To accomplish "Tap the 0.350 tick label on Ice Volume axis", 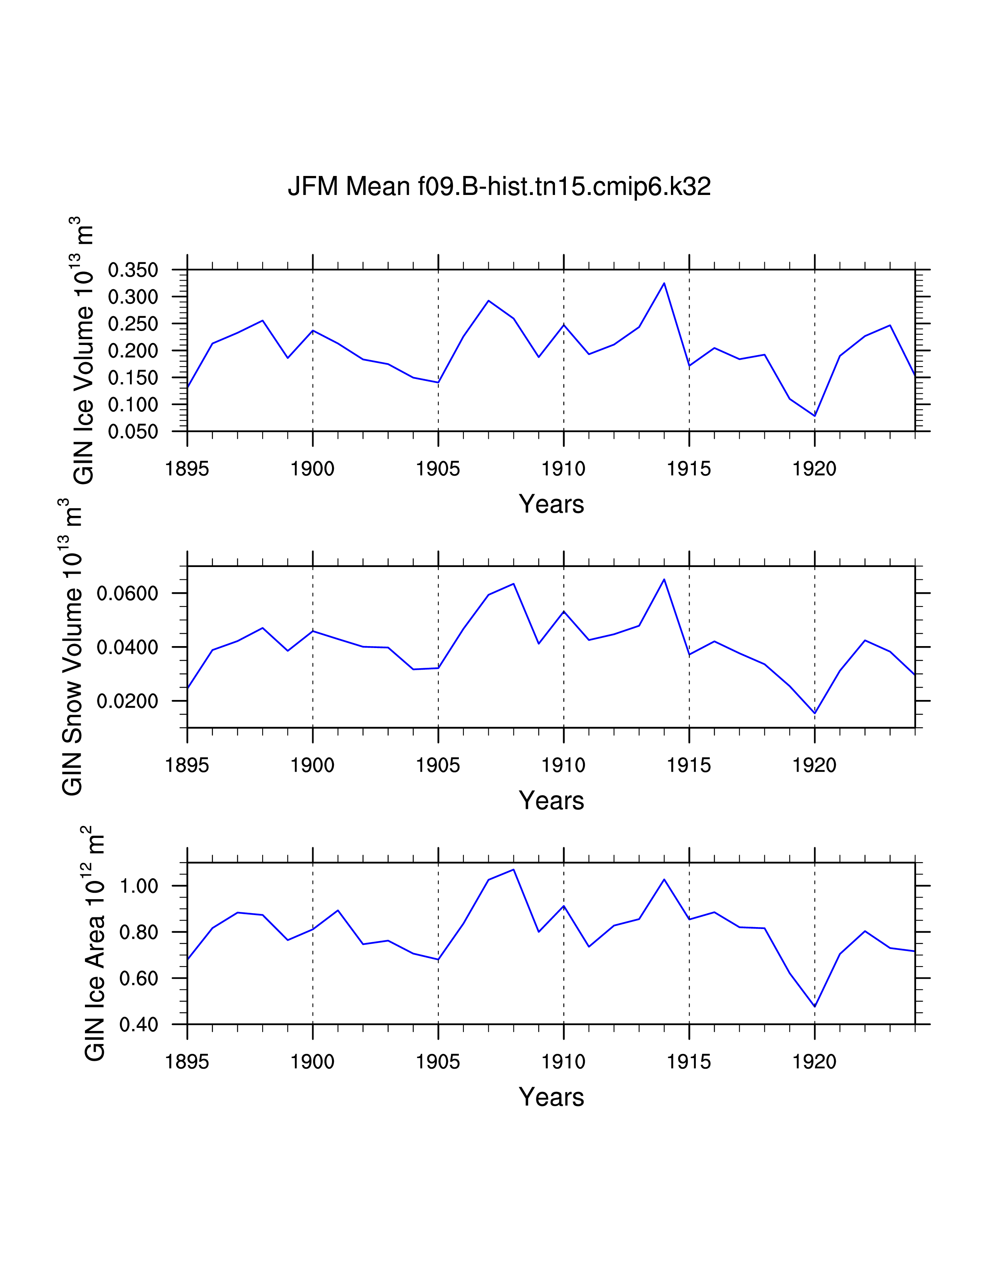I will tap(133, 270).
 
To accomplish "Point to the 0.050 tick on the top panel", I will tap(133, 432).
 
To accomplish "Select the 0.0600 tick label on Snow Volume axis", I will tap(127, 593).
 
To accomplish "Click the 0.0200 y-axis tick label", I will tap(127, 701).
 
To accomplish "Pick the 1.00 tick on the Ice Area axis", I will tap(139, 886).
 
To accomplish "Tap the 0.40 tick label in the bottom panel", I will tap(139, 1024).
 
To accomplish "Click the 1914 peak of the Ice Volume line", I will tap(664, 283).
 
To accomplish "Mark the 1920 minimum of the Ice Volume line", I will tap(814, 416).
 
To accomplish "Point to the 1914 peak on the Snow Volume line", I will tap(664, 579).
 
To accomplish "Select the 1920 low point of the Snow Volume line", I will tap(814, 713).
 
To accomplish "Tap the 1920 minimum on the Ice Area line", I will tap(814, 1007).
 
